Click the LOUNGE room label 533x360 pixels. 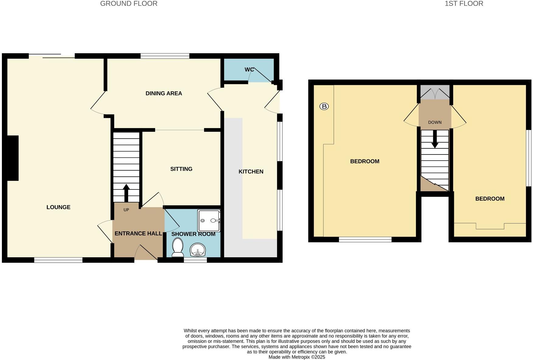pos(58,207)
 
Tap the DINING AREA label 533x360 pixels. pos(164,94)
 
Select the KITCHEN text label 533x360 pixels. pos(251,172)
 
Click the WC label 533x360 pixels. pos(249,70)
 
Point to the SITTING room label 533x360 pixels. pos(181,169)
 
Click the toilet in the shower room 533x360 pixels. pos(177,247)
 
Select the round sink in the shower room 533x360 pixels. pos(198,250)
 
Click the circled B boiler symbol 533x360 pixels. pos(324,106)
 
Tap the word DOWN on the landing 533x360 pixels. pos(435,123)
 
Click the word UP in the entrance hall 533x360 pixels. pos(126,210)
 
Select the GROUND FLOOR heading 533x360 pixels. pos(129,4)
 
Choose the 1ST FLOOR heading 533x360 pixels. pos(464,4)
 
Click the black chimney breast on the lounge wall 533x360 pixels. pos(12,158)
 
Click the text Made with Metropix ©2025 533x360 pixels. pos(297,357)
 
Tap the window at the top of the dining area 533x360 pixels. pos(165,56)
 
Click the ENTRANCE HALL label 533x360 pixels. pos(138,234)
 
